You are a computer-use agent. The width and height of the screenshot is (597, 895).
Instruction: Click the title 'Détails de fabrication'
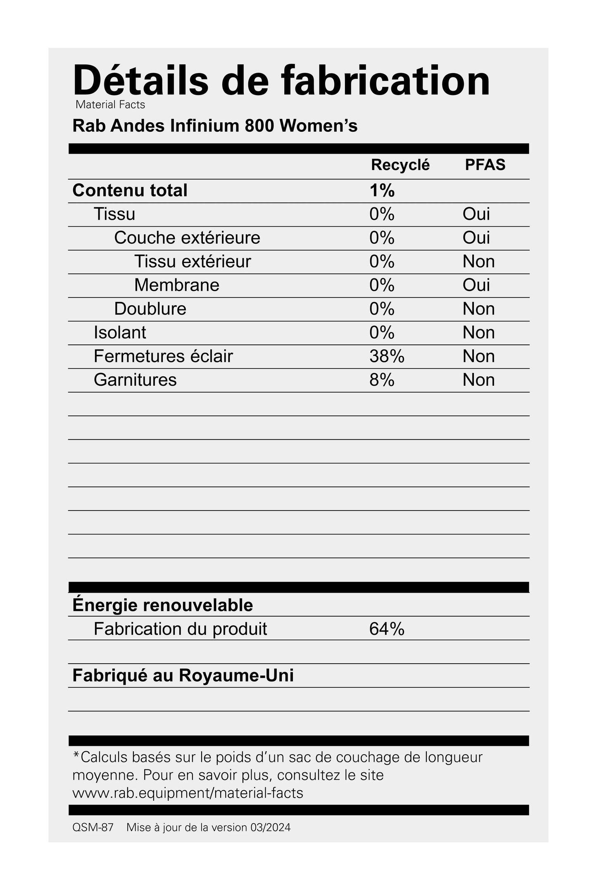coord(281,81)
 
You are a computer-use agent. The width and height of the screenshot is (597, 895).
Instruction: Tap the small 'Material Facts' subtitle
coord(110,105)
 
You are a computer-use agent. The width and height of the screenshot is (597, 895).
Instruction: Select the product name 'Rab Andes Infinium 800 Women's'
coord(215,126)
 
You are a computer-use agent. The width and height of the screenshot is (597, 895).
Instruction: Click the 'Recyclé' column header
coord(400,165)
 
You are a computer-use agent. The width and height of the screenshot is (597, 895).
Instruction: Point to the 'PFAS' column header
coord(485,165)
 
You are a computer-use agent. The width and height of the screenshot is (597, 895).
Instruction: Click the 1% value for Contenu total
coord(382,190)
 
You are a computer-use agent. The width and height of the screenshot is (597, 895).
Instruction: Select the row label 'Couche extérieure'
coord(187,238)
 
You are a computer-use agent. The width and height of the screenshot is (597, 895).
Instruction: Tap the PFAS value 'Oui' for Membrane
coord(476,285)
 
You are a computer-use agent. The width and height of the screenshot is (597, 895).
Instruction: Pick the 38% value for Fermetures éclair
coord(387,356)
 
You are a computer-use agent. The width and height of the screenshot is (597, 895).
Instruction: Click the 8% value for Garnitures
coord(382,380)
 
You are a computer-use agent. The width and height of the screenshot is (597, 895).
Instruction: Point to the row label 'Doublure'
coord(150,309)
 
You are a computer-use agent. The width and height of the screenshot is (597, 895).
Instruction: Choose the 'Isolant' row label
coord(120,332)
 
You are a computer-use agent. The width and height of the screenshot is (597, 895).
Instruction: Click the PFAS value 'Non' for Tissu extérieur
coord(478,261)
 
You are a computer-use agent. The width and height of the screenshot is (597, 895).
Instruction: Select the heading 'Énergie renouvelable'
coord(162,605)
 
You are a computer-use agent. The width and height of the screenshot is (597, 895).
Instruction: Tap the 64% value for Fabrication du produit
coord(387,629)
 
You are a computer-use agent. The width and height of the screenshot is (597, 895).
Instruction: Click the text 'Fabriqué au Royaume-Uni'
coord(183,676)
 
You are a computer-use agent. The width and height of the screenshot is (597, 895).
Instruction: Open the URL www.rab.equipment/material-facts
coord(188,793)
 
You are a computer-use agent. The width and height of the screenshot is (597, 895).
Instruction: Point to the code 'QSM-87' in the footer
coord(93,828)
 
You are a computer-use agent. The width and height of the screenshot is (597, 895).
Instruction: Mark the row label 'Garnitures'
coord(135,380)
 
